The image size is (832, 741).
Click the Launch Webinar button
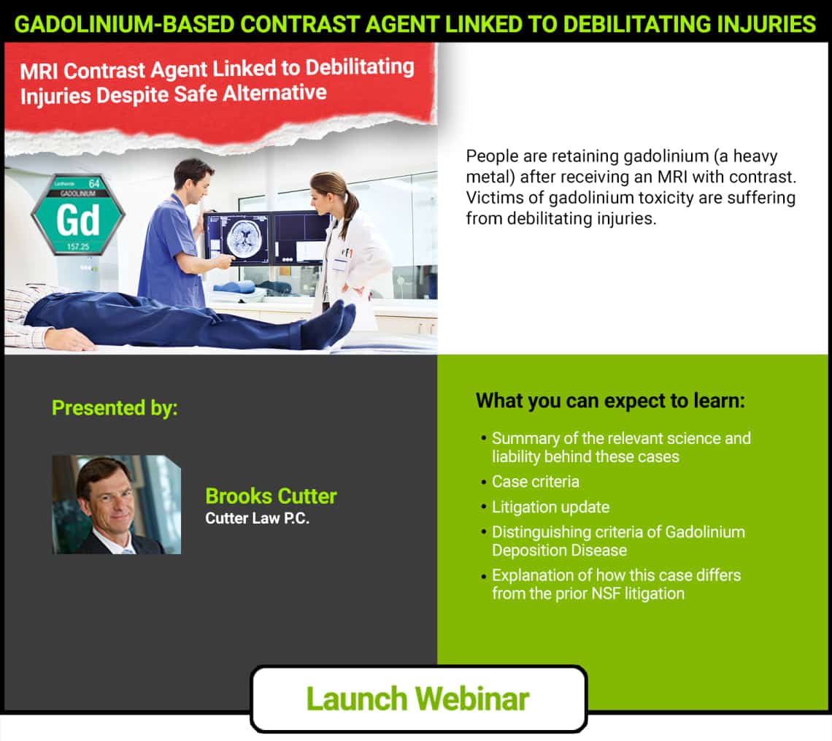click(419, 699)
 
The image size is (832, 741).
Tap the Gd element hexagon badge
click(78, 215)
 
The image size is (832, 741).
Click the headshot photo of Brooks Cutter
click(116, 504)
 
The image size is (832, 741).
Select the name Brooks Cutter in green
click(271, 496)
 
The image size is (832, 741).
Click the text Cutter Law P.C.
click(258, 518)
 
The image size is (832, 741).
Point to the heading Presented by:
click(115, 407)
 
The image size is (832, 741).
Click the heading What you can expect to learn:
click(610, 401)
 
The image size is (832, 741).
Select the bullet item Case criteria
click(535, 481)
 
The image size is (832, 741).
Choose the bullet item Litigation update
click(550, 507)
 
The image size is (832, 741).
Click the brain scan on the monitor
click(244, 237)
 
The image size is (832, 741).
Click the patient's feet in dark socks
click(330, 323)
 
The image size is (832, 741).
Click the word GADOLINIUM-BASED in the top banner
click(124, 24)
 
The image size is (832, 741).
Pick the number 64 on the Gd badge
click(94, 184)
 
